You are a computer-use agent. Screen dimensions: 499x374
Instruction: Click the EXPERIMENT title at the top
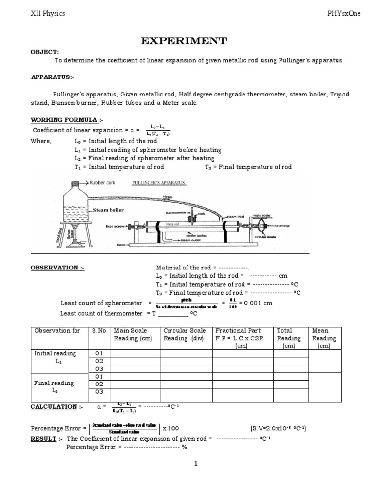(184, 41)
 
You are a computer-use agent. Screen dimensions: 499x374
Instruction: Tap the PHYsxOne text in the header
(344, 14)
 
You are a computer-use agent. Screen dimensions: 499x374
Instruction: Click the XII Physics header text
(47, 14)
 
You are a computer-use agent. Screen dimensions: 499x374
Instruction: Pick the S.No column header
(99, 330)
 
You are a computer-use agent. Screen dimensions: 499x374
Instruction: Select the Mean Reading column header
(324, 338)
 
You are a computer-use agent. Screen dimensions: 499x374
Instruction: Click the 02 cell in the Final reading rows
(99, 384)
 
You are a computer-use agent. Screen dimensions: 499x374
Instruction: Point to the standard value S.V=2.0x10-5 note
(278, 428)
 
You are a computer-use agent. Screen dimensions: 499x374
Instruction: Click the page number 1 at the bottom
(195, 464)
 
